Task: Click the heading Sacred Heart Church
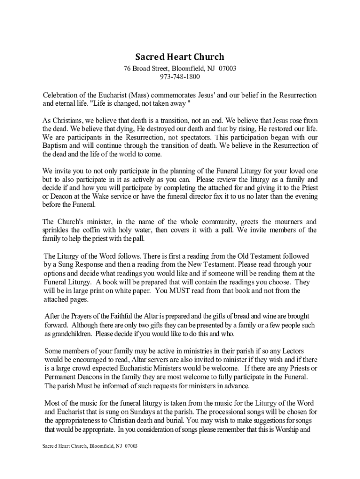click(180, 57)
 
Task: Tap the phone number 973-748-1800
click(180, 77)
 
